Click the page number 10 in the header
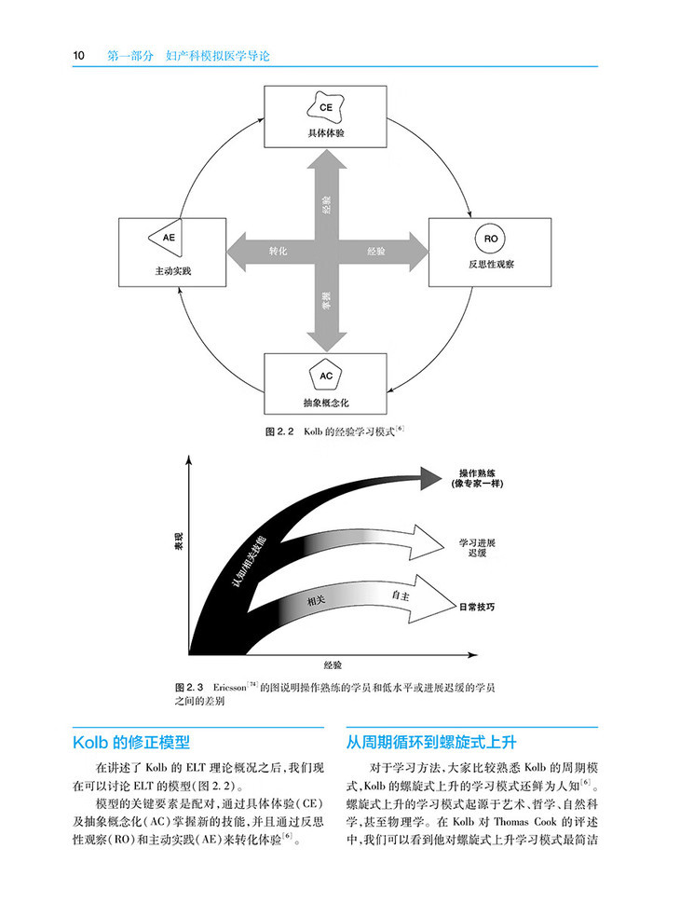[79, 56]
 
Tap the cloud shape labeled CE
[326, 107]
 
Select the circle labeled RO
[492, 240]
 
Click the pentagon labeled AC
[326, 376]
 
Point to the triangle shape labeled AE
[167, 238]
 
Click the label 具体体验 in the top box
[326, 133]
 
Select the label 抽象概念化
[326, 404]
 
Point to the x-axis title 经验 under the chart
[333, 665]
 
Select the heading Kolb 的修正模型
[131, 743]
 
